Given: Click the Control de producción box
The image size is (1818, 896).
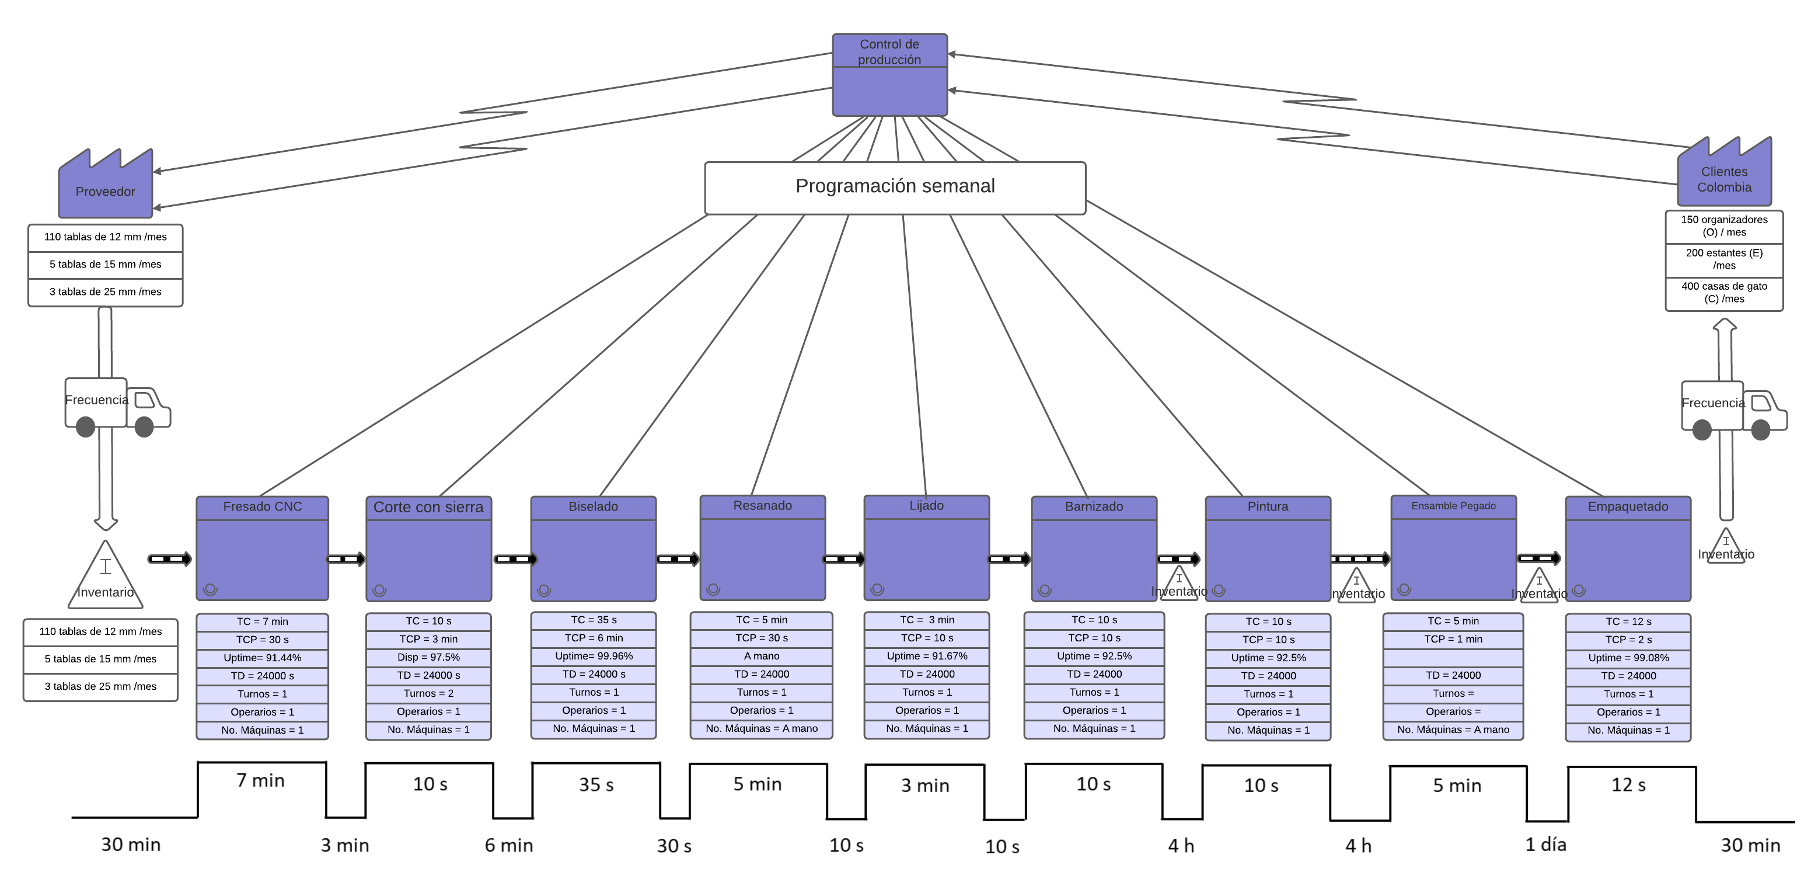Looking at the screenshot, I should pyautogui.click(x=889, y=74).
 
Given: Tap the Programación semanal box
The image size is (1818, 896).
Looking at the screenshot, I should pyautogui.click(x=894, y=187).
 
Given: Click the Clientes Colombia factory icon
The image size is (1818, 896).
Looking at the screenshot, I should pyautogui.click(x=1723, y=176).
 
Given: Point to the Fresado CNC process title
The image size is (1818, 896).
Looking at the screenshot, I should pyautogui.click(x=262, y=507).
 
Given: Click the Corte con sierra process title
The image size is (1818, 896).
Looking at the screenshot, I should pyautogui.click(x=428, y=508).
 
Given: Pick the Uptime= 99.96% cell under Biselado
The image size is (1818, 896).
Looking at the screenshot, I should pyautogui.click(x=594, y=656).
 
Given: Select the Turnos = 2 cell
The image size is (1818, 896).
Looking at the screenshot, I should pyautogui.click(x=428, y=693).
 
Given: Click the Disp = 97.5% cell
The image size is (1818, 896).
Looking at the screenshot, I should pyautogui.click(x=428, y=657).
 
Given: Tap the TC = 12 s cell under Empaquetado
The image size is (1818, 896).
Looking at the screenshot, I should pyautogui.click(x=1628, y=621).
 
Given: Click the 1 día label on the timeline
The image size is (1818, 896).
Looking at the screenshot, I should pyautogui.click(x=1545, y=845).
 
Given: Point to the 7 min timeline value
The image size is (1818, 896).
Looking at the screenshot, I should pyautogui.click(x=260, y=780).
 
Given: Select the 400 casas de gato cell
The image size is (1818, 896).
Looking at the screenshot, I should pyautogui.click(x=1723, y=292).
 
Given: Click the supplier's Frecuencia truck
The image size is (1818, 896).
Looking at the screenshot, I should pyautogui.click(x=117, y=404).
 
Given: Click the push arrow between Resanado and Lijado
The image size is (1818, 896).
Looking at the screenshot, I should pyautogui.click(x=844, y=559).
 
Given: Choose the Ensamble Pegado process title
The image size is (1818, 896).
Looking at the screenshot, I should pyautogui.click(x=1453, y=506).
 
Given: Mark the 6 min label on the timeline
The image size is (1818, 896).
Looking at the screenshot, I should pyautogui.click(x=508, y=845).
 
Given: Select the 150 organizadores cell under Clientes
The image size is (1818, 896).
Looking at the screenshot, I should pyautogui.click(x=1723, y=226).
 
